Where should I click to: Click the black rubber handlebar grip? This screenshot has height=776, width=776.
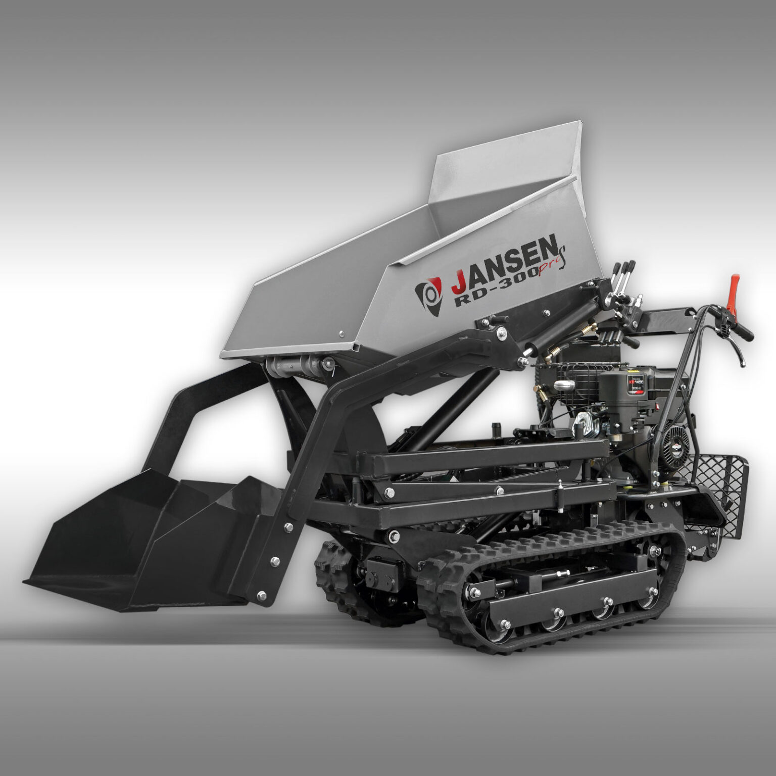pos(744,331)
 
